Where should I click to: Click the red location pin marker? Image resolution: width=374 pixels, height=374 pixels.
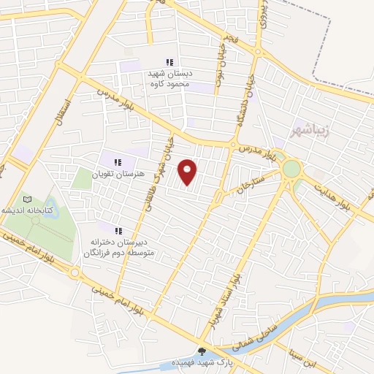pyautogui.click(x=188, y=172)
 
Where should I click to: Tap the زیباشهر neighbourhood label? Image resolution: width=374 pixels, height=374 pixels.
pyautogui.click(x=310, y=131)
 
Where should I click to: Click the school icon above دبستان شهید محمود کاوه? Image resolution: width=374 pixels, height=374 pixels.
pyautogui.click(x=169, y=63)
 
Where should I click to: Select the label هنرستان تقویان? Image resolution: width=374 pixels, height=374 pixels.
pyautogui.click(x=114, y=175)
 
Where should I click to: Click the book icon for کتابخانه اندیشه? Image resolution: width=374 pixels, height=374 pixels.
pyautogui.click(x=28, y=199)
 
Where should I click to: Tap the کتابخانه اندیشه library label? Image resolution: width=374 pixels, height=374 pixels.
pyautogui.click(x=28, y=210)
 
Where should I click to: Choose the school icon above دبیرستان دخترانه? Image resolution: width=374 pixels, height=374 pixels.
pyautogui.click(x=118, y=230)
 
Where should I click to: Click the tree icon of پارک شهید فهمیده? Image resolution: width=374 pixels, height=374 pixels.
pyautogui.click(x=202, y=352)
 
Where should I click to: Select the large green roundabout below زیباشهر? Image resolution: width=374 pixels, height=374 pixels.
pyautogui.click(x=291, y=169)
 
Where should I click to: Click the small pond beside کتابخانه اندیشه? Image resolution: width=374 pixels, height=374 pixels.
pyautogui.click(x=35, y=220)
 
